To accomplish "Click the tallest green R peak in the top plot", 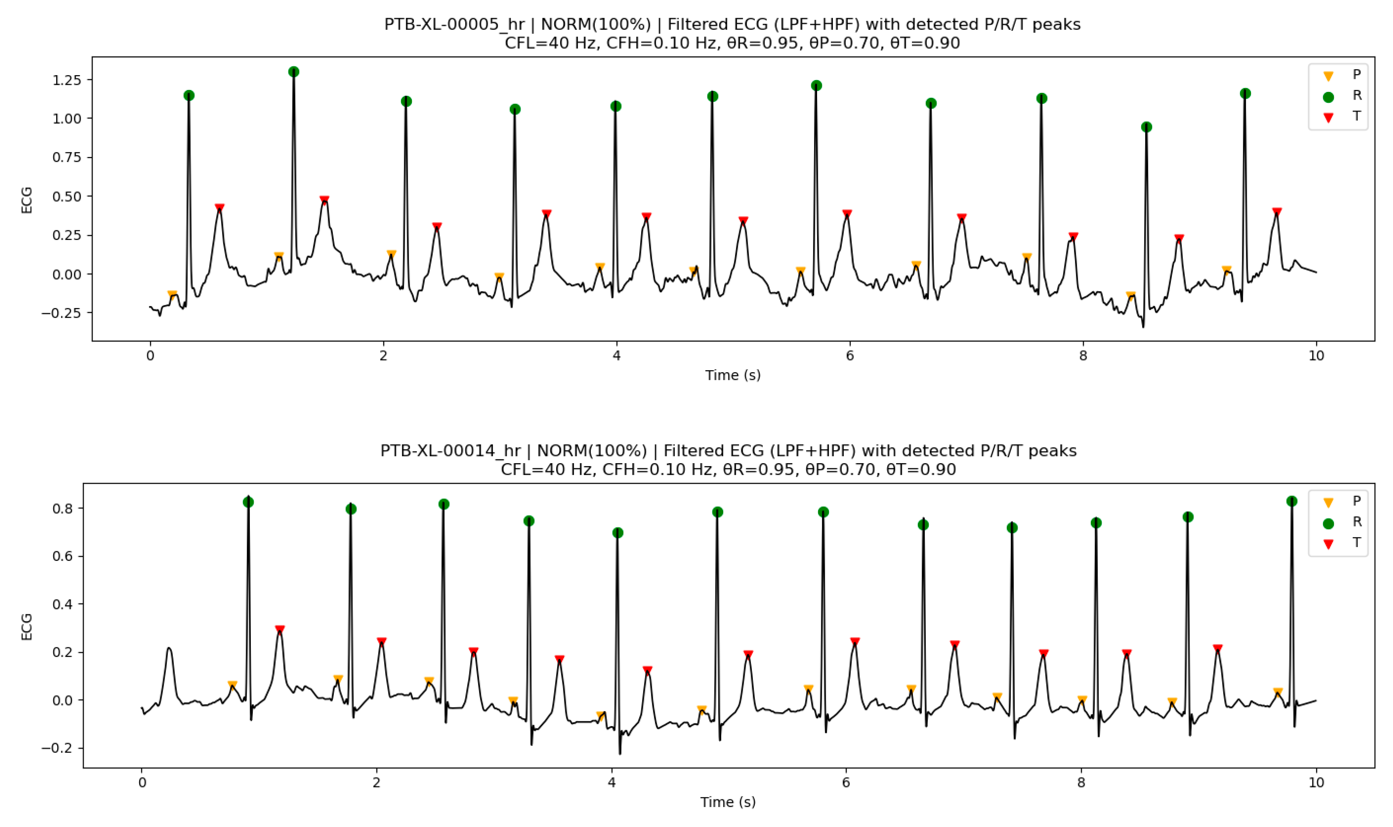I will (294, 72).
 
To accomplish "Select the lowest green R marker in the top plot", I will (1146, 127).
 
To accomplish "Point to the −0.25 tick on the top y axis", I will (62, 313).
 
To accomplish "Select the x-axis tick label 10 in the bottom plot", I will (1316, 782).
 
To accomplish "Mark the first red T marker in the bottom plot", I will (280, 629).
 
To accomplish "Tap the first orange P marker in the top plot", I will (172, 294).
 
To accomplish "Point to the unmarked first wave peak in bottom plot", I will (169, 648).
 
